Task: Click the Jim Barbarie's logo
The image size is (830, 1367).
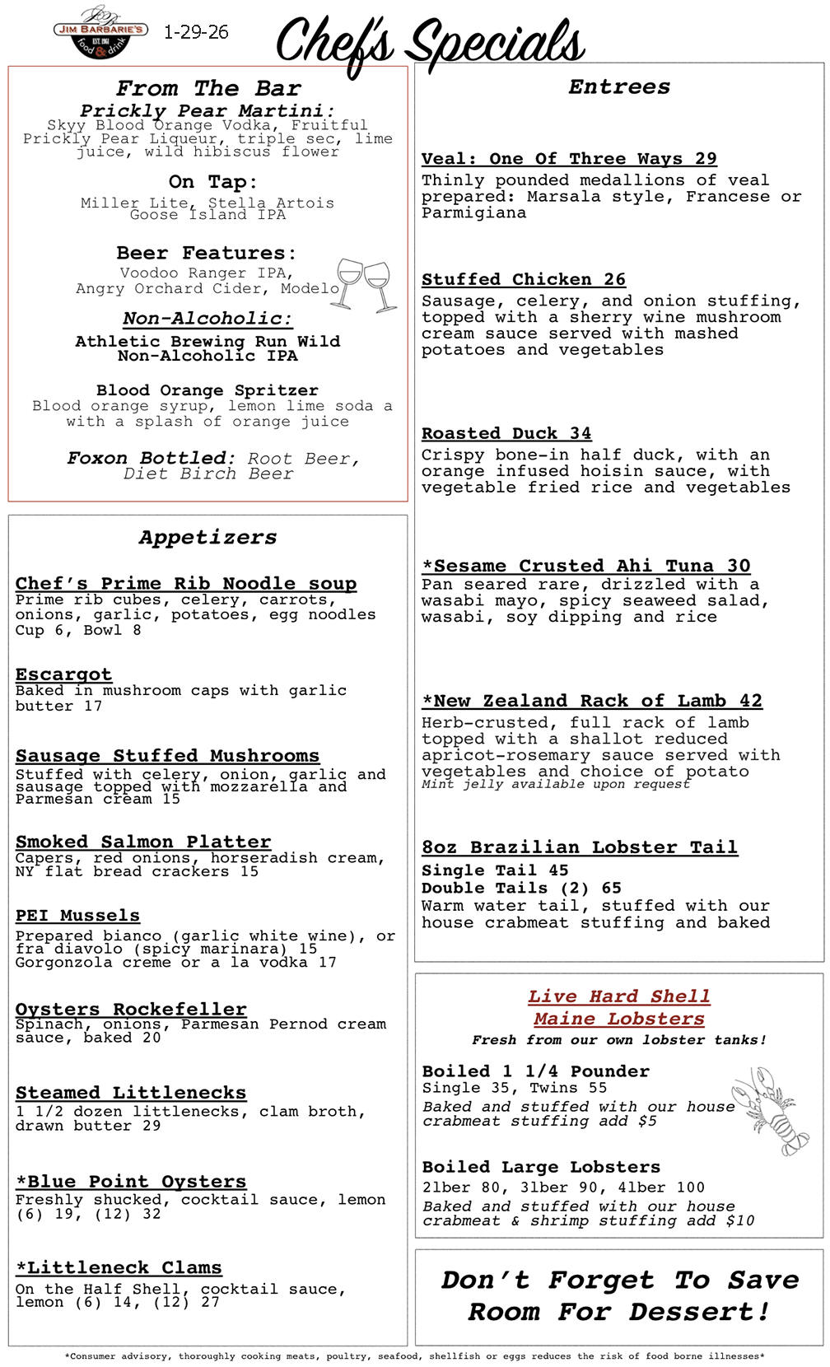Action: pos(100,33)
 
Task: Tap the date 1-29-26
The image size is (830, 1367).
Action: pos(196,32)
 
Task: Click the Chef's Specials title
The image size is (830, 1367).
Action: pos(430,43)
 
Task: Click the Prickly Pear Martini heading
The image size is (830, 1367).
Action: pos(207,110)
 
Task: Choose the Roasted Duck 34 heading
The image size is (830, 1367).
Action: pos(506,433)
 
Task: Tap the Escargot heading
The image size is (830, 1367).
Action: pos(63,674)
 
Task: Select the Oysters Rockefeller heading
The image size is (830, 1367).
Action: pos(131,1009)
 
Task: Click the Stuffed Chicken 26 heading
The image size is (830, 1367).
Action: pos(524,279)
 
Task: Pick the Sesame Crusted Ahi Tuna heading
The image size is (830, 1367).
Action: pos(585,566)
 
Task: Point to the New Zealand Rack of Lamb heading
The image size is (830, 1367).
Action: pos(591,701)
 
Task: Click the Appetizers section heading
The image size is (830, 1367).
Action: pos(207,537)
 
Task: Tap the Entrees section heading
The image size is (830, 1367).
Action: pos(619,86)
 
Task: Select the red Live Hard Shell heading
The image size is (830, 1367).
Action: pos(618,996)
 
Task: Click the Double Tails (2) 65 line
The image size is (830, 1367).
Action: pos(521,888)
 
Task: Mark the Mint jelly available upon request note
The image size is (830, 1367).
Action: pos(555,784)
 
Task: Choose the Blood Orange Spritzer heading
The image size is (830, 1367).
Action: pos(207,390)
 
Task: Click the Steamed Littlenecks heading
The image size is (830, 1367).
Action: pos(131,1093)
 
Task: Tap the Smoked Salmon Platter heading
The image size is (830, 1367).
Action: pos(143,842)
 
